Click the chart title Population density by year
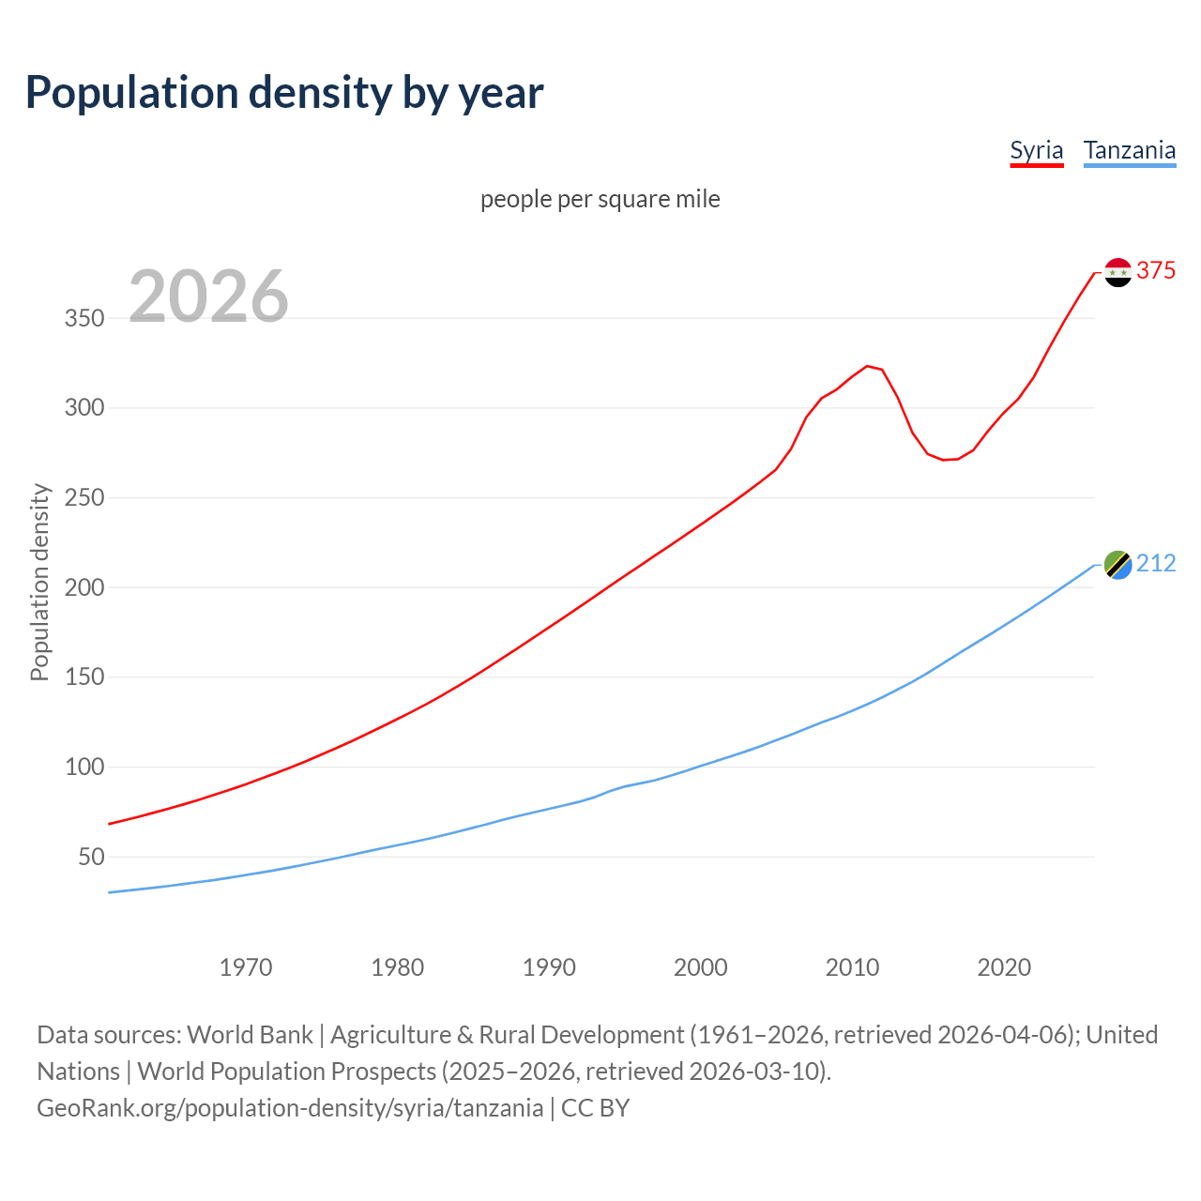pos(284,93)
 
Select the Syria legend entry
pos(1036,151)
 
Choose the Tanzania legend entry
pos(1129,151)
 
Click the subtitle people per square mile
pos(600,200)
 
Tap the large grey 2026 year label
pos(208,296)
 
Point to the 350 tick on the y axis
pos(84,319)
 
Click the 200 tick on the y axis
pos(84,588)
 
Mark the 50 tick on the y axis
pos(91,858)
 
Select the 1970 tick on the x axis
pos(246,967)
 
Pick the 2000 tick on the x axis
pos(701,967)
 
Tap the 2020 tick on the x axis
pos(1004,967)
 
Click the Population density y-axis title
pos(39,582)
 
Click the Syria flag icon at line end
pos(1117,272)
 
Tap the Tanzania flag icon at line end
pos(1117,565)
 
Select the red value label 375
pos(1156,271)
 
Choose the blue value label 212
pos(1156,564)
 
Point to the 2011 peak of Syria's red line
pos(867,366)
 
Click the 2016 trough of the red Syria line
pos(943,460)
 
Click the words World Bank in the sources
pos(250,1035)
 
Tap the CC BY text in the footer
pos(595,1108)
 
